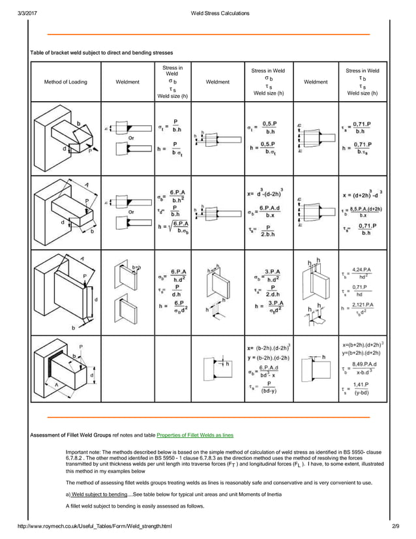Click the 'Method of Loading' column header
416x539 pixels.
coord(65,82)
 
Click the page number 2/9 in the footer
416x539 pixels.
coord(394,525)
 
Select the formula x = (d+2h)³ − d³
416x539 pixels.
coord(362,194)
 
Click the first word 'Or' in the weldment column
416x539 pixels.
coord(131,138)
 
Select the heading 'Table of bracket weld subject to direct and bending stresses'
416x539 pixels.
coord(102,52)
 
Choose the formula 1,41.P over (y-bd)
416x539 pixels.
coord(364,390)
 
